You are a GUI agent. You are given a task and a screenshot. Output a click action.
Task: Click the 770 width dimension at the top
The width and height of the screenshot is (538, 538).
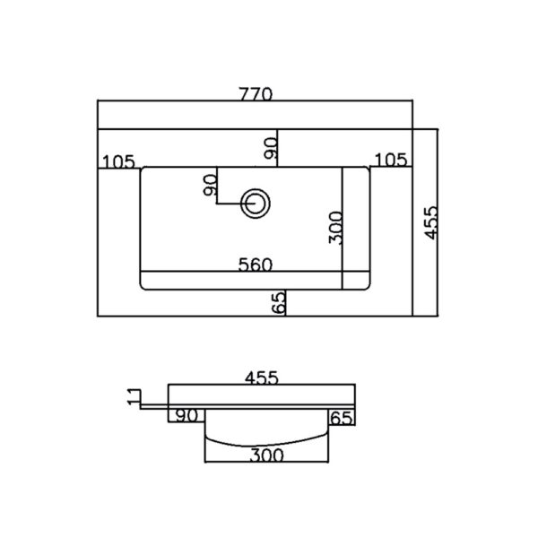(256, 93)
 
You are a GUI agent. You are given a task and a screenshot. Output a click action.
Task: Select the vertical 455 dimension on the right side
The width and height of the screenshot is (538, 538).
(431, 222)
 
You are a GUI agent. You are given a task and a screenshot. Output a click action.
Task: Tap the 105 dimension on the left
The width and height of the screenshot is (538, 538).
(118, 161)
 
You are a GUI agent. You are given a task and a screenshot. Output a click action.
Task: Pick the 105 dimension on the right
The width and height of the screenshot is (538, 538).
(390, 160)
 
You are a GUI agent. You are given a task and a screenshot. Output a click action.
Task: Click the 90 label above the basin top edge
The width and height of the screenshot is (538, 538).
(271, 148)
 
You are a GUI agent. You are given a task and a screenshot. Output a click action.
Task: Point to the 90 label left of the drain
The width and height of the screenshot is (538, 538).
(210, 185)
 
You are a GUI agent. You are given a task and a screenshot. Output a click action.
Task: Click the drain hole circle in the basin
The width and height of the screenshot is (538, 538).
(256, 204)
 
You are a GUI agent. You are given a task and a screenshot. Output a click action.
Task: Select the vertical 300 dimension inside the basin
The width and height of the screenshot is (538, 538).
(335, 228)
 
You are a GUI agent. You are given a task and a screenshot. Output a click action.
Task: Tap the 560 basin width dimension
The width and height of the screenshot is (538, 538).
(256, 265)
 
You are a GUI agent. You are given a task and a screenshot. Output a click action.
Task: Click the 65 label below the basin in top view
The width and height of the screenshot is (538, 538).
(279, 303)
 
